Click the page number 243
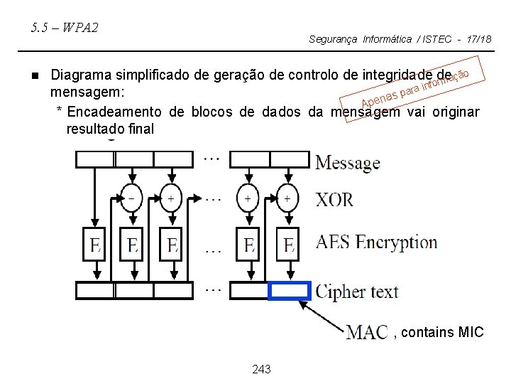(261, 370)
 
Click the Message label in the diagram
(348, 163)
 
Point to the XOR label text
(334, 199)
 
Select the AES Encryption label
(376, 242)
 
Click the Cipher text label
(357, 292)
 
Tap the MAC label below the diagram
(367, 331)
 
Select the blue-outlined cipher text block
(290, 291)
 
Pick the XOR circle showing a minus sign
(131, 198)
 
